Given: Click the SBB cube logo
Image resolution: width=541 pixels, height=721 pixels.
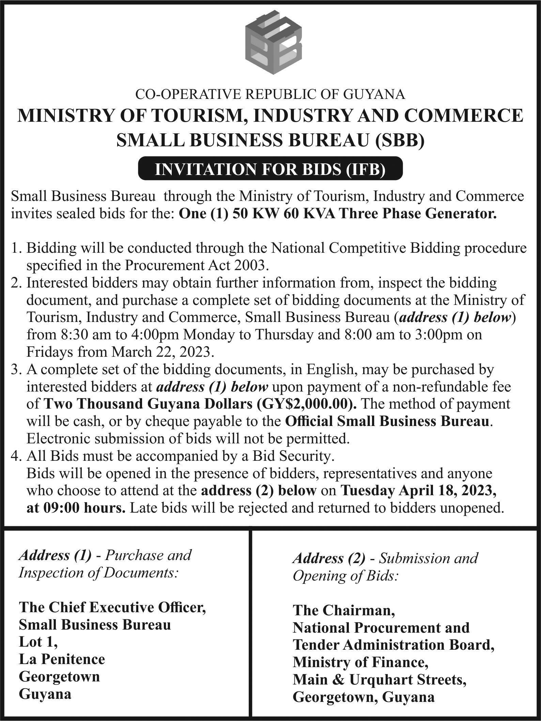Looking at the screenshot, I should pos(274,42).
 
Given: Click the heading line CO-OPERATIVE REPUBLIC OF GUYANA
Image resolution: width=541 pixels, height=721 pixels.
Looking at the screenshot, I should pos(270,94).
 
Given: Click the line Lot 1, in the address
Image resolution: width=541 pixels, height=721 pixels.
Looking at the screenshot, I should pos(38,642).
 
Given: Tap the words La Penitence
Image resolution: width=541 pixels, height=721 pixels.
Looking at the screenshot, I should pos(62,659).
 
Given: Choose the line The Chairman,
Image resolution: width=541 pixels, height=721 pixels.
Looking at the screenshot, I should pos(344,610).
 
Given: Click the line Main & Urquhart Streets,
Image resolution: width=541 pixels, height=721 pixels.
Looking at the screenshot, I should pos(379,680).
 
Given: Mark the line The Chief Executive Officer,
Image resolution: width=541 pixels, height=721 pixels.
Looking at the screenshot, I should pos(112,607).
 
